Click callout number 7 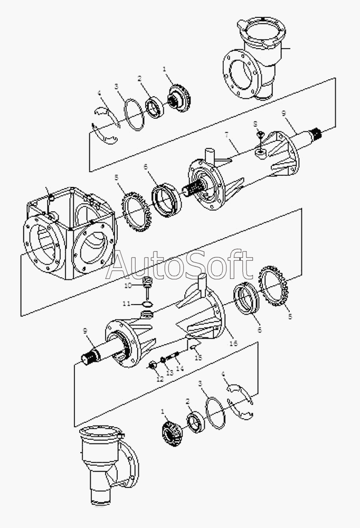tap(226, 135)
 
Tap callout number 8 tap(255, 124)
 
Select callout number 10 tap(128, 286)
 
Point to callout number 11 tap(126, 304)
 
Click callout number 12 tap(160, 379)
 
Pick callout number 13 tap(170, 373)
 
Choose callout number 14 tap(180, 369)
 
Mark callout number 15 tap(198, 357)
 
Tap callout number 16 tap(233, 343)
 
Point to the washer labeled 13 tap(163, 359)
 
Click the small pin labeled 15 tap(193, 348)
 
